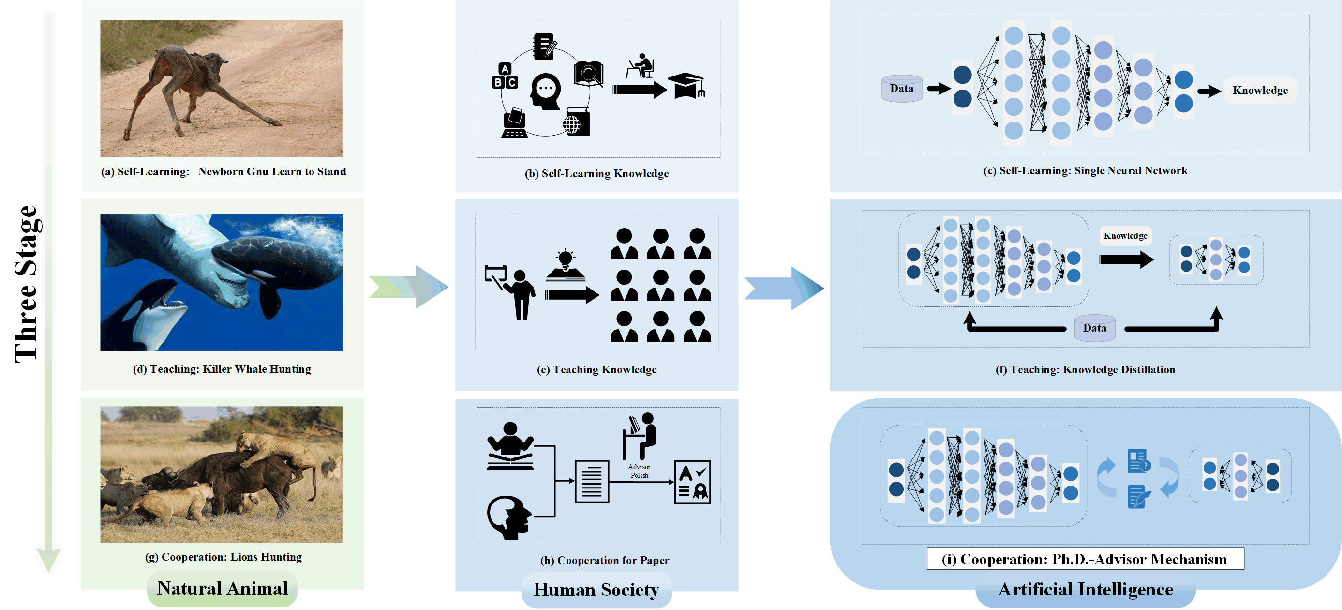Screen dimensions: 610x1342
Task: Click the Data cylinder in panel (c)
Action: (902, 89)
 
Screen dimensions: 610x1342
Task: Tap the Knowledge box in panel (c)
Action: (1260, 90)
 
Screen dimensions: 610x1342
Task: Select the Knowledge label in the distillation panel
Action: (1125, 236)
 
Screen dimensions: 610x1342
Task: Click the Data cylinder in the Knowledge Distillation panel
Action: (1094, 328)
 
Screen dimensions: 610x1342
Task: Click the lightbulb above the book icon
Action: (565, 258)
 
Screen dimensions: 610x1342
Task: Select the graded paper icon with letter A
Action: (692, 482)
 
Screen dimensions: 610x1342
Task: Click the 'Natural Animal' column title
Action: (223, 589)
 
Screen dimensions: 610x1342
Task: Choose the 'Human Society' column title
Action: (596, 590)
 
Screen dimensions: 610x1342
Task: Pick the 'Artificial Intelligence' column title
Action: (1086, 590)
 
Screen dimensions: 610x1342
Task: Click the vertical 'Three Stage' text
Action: (26, 284)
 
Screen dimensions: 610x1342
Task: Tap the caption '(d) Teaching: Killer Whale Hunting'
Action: (222, 369)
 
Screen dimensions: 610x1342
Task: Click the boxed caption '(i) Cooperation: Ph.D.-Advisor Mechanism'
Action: (1085, 559)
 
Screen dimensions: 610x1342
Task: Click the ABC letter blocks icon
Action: (504, 76)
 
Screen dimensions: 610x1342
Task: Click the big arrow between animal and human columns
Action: (409, 287)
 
